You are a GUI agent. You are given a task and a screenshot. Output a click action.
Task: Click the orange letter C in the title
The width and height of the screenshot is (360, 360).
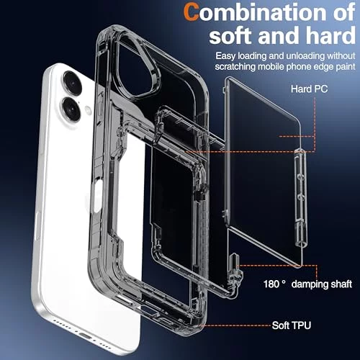coord(192,12)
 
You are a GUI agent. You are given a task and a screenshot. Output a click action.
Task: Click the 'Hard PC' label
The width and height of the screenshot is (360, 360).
coord(309,89)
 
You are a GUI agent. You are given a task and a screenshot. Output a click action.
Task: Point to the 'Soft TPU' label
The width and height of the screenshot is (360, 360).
coord(292,325)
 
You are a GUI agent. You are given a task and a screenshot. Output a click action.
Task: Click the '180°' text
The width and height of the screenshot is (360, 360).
coord(274,284)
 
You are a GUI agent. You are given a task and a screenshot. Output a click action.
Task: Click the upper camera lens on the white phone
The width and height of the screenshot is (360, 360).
coord(73,82)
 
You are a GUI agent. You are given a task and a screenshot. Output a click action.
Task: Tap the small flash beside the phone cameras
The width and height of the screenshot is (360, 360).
coord(88,110)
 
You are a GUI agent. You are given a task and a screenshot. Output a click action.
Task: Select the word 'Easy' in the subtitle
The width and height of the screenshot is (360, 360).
coord(225,56)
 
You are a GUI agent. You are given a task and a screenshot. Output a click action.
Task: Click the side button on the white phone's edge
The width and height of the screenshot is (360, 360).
coord(37,225)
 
